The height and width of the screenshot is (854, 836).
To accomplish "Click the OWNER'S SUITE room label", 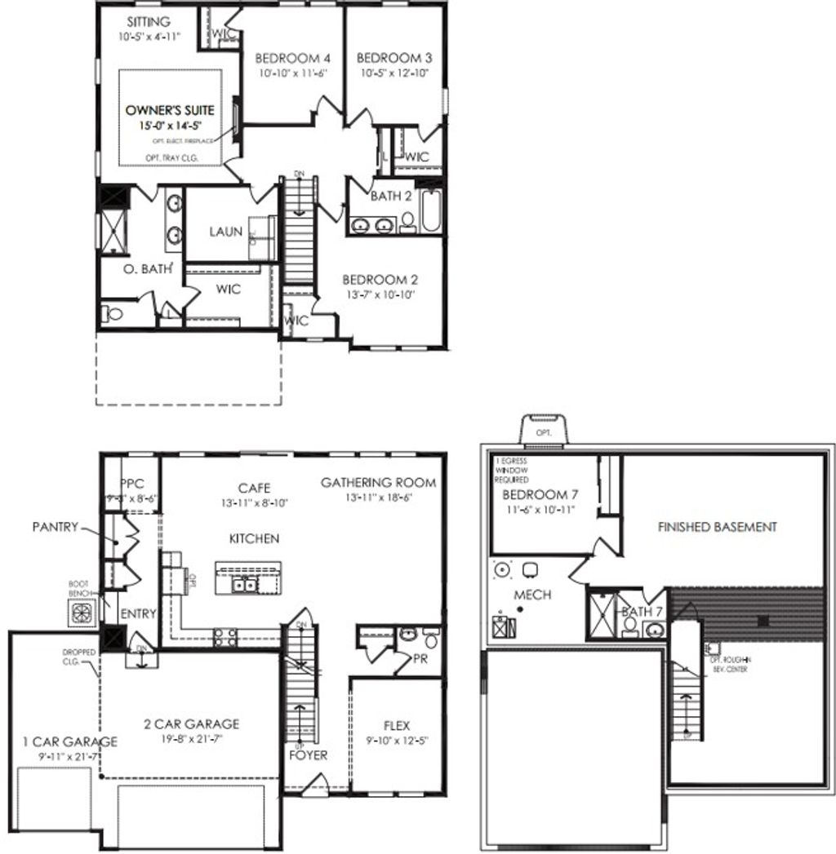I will [170, 109].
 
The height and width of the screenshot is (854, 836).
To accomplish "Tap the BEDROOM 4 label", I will [292, 59].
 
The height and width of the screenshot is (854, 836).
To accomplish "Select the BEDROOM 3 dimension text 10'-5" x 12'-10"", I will [395, 73].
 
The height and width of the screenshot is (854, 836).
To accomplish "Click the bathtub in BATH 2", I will [431, 211].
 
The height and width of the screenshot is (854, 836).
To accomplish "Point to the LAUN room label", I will [225, 232].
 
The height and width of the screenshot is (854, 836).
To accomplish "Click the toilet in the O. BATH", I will [112, 313].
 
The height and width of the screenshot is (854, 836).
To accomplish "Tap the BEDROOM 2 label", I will [380, 278].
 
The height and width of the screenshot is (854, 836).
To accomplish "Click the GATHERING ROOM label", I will [378, 483].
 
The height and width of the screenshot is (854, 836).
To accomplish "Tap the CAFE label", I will [254, 488].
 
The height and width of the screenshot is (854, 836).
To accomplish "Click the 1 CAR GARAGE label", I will [70, 741].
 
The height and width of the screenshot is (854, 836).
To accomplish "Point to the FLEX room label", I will [397, 725].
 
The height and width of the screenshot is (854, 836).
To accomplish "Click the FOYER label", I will [309, 755].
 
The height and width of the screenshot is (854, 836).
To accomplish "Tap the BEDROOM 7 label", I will [534, 495].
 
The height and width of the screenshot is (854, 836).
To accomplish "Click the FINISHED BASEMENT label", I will [718, 527].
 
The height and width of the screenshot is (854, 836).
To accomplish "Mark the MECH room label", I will [532, 595].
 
